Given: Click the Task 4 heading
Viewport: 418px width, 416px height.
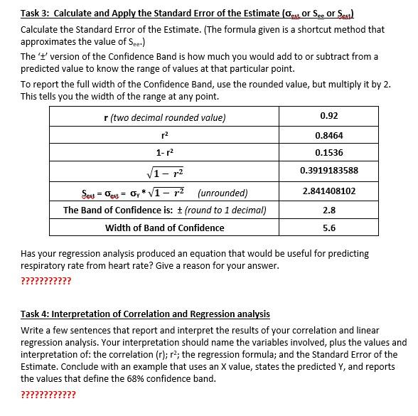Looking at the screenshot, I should [x=145, y=314].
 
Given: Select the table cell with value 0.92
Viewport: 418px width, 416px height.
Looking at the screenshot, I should [x=329, y=116].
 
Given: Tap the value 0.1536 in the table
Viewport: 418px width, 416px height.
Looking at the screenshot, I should [x=329, y=152].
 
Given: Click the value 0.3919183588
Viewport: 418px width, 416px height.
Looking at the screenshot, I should [x=329, y=171].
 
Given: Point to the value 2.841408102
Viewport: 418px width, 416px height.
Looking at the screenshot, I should [x=329, y=191].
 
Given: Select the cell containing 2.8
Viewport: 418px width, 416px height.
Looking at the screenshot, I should [x=329, y=210].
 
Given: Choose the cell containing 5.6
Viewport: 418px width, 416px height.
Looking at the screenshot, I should [x=329, y=228].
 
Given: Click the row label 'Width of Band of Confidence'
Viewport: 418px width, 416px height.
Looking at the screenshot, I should [x=164, y=228].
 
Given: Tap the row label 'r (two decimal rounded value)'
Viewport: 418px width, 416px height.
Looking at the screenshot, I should [x=164, y=117].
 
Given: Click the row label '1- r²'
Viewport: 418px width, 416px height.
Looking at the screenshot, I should [x=164, y=152].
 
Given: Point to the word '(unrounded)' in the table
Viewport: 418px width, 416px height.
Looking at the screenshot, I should [x=223, y=192].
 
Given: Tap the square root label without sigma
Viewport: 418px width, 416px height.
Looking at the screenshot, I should [x=164, y=171].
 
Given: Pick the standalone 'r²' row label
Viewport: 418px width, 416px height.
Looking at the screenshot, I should [x=164, y=134].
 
